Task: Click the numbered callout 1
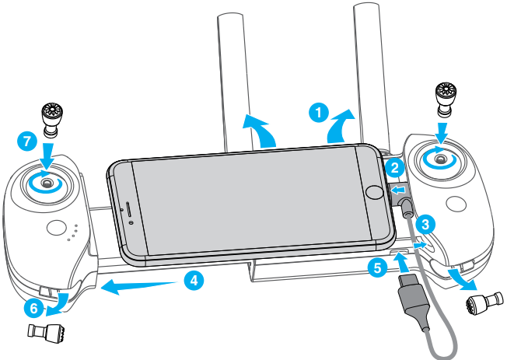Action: pos(316,113)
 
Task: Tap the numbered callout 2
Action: pos(395,167)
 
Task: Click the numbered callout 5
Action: pos(377,269)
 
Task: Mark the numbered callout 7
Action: pos(26,142)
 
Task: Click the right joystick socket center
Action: pos(441,159)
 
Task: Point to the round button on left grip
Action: pos(57,229)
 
